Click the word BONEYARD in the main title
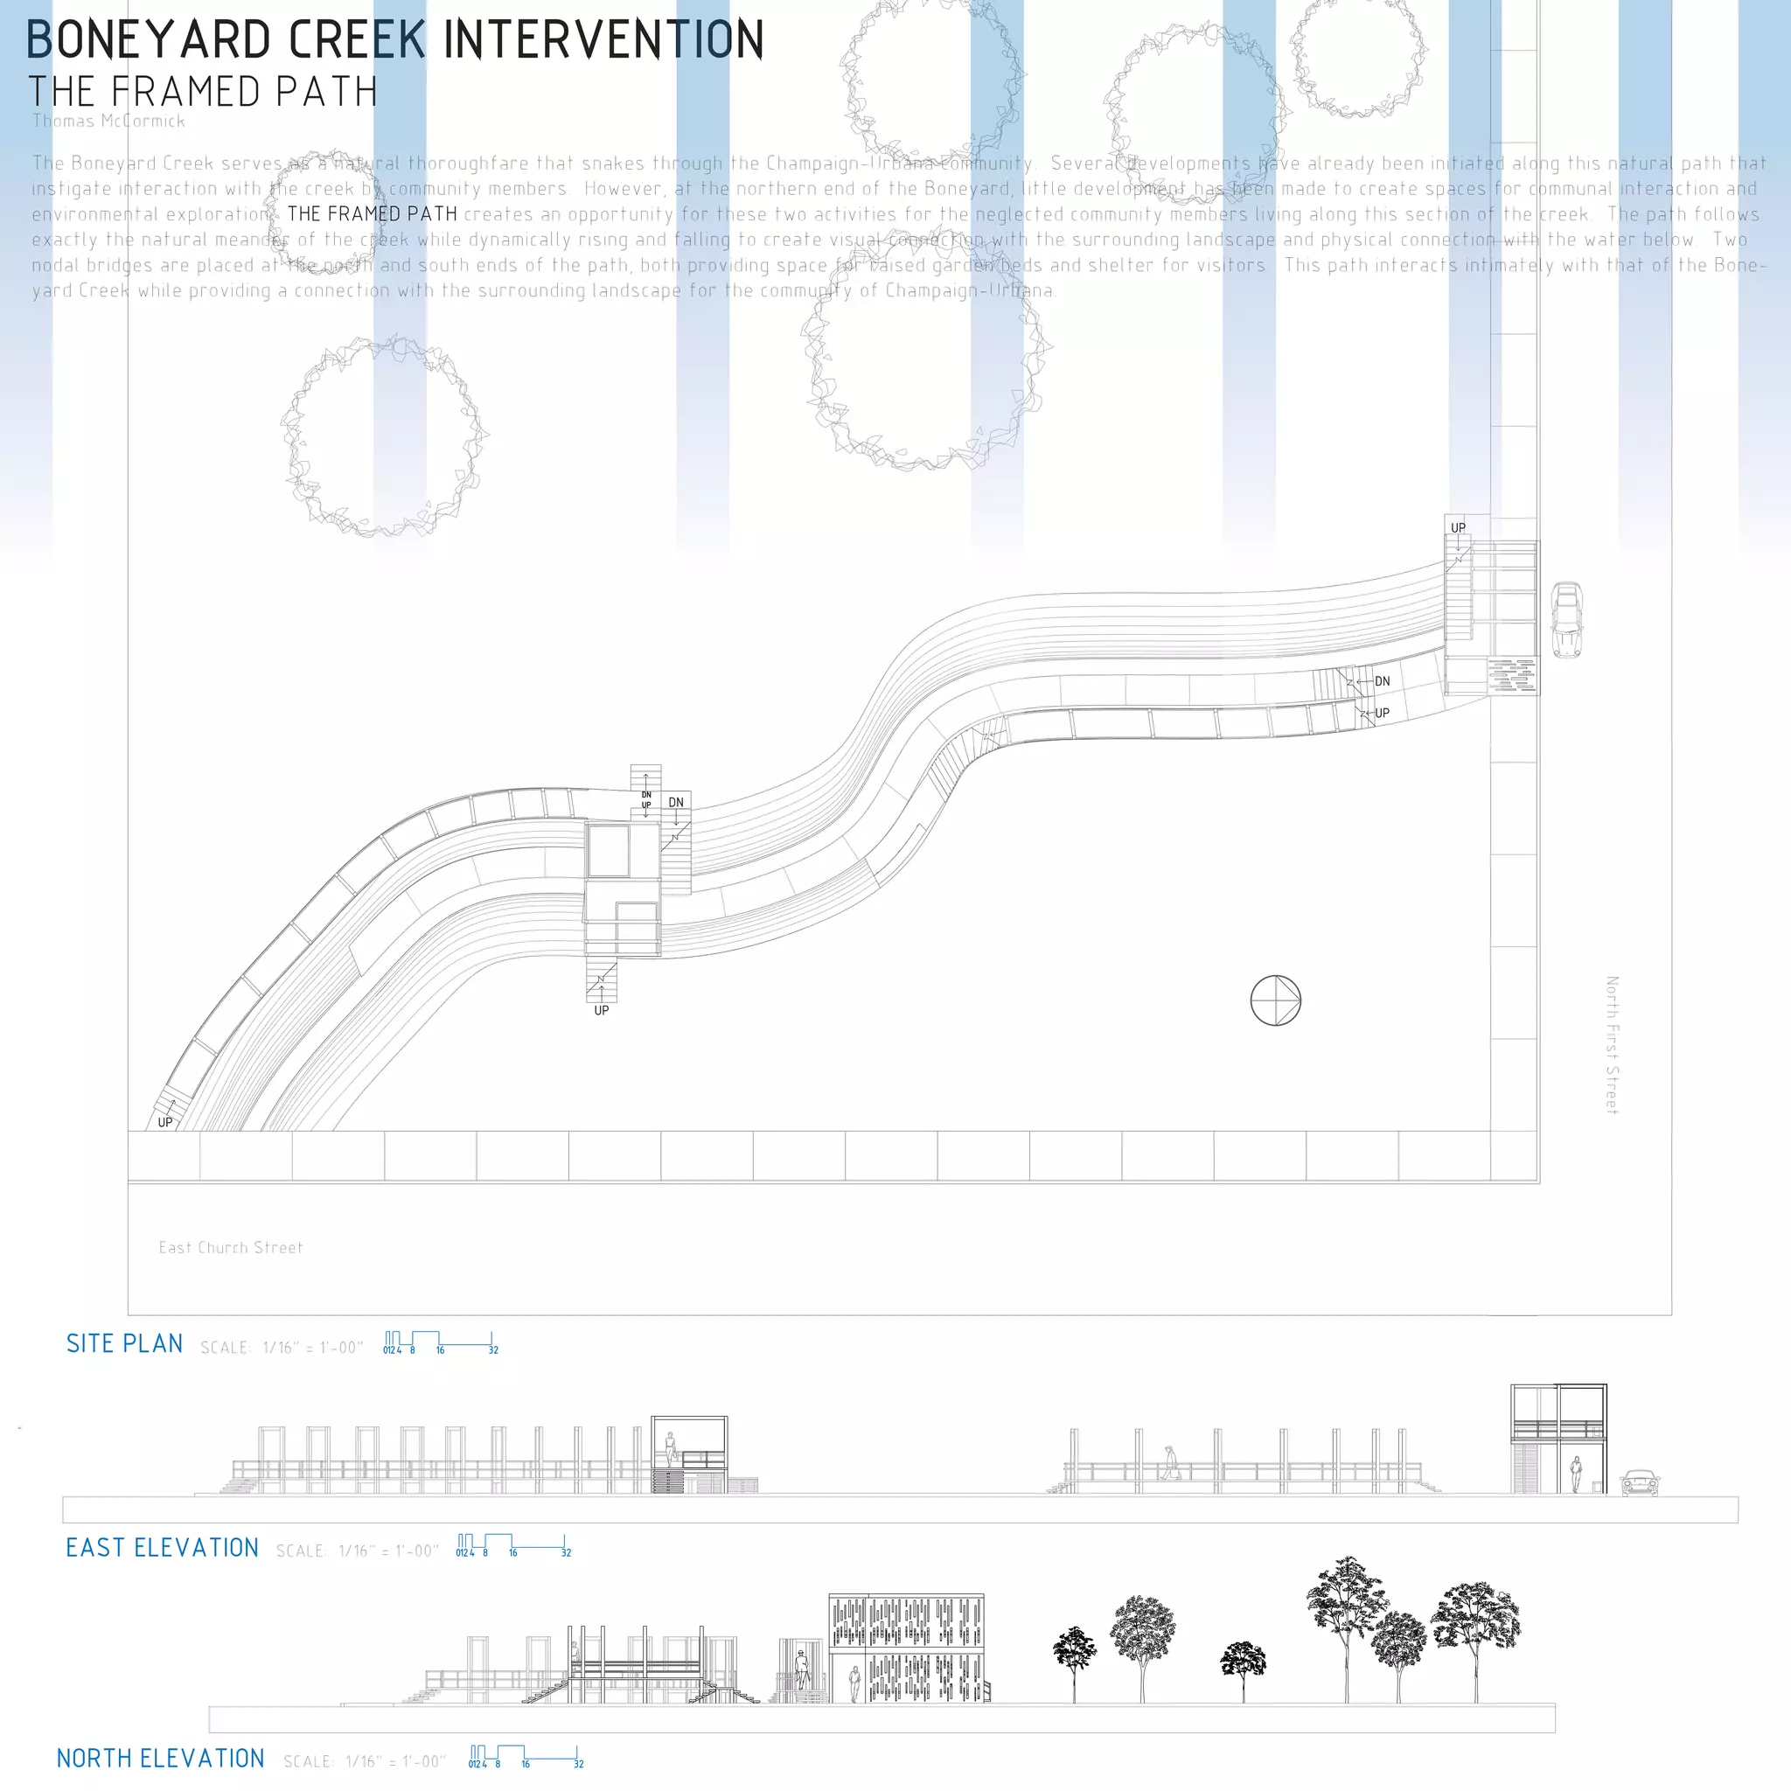click(149, 40)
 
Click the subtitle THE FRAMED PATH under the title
click(202, 92)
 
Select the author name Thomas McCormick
click(108, 122)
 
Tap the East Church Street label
click(230, 1248)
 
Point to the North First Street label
click(1612, 1045)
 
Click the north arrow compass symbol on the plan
click(1276, 1000)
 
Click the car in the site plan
click(1566, 619)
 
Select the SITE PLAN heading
click(124, 1344)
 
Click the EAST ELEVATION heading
click(161, 1548)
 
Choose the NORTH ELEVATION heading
click(160, 1759)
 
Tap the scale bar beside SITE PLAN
click(439, 1342)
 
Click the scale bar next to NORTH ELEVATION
click(526, 1757)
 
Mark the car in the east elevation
click(1639, 1482)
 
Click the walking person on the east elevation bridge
click(1171, 1463)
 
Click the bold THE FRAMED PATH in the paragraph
click(372, 214)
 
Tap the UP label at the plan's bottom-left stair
click(165, 1123)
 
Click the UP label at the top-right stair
click(1458, 527)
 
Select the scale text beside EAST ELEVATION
click(356, 1551)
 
